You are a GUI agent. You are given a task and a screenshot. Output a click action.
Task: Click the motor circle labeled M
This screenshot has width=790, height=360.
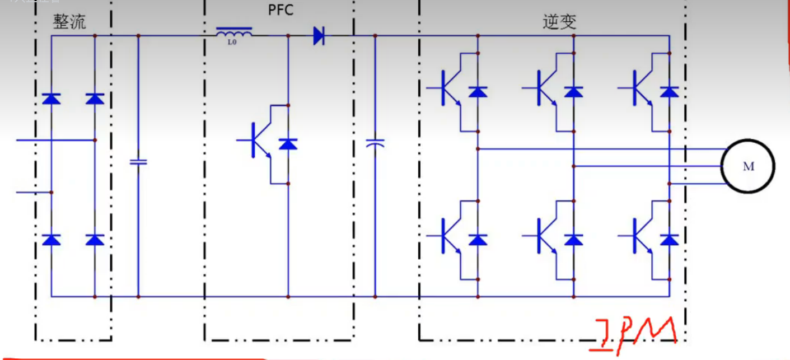coord(748,166)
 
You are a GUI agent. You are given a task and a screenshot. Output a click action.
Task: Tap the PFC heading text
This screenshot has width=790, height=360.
coord(281,10)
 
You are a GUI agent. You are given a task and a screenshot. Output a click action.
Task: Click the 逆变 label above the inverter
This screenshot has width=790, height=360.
coord(559,22)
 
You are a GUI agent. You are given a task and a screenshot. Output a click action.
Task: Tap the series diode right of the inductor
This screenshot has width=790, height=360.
coord(319,36)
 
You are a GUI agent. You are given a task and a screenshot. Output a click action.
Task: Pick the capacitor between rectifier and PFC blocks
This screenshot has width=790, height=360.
coord(138,162)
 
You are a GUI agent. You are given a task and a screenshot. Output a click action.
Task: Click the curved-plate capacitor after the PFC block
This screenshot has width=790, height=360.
coord(375,143)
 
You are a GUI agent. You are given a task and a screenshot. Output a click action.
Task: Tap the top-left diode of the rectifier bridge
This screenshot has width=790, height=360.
coord(52,99)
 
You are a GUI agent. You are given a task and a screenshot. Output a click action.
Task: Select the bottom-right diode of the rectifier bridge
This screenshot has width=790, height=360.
coord(95,240)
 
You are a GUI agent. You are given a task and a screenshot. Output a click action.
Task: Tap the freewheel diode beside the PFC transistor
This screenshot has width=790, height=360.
coord(288,144)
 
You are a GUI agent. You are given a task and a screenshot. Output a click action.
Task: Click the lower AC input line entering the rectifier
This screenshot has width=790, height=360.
coord(34,192)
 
